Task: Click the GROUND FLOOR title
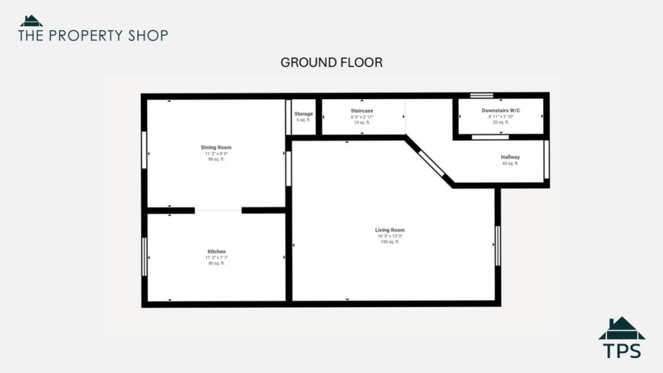tap(331, 62)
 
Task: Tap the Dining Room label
tap(216, 148)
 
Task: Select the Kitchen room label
tap(216, 251)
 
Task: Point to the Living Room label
tap(390, 230)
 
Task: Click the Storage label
tap(304, 114)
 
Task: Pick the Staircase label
tap(362, 111)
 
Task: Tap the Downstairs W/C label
tap(501, 111)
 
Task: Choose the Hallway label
tap(510, 157)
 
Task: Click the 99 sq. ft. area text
tap(216, 159)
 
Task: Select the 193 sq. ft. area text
tap(390, 242)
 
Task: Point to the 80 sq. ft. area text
tap(216, 263)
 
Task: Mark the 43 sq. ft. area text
tap(510, 163)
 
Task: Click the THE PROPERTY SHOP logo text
tap(93, 35)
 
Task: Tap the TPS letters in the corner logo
tap(622, 350)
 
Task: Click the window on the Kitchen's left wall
tap(144, 256)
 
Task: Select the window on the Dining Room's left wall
tap(144, 150)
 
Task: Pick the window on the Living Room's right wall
tap(498, 245)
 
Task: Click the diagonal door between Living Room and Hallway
tap(432, 163)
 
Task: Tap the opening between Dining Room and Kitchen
tap(218, 210)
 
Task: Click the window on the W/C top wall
tap(482, 96)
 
